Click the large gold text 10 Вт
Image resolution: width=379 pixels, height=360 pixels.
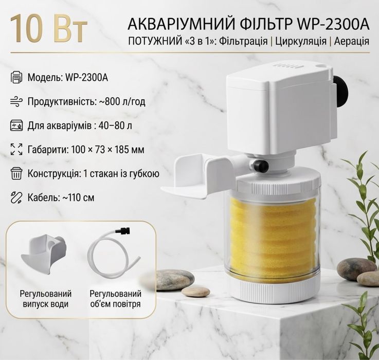[48, 29]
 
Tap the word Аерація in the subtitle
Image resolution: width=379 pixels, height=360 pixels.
[352, 41]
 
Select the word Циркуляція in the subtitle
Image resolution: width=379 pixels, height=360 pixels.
[301, 42]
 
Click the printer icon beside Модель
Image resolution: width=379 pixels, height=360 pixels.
[16, 77]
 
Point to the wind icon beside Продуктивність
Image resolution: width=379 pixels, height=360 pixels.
[16, 101]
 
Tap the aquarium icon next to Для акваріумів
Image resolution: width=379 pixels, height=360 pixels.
[16, 125]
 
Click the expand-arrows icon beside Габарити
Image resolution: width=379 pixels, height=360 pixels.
[16, 149]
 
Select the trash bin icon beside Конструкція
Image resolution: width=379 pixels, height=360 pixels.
[16, 173]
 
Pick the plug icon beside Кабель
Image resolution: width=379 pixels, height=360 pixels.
[16, 197]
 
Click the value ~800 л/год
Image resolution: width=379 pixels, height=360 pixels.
[122, 101]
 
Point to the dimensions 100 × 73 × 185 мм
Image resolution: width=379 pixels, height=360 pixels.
[108, 150]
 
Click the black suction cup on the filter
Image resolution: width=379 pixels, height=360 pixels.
[340, 89]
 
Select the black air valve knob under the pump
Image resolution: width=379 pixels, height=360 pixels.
[260, 166]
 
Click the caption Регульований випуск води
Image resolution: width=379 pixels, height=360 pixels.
[46, 299]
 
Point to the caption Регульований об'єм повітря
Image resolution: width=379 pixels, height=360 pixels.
[116, 299]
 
